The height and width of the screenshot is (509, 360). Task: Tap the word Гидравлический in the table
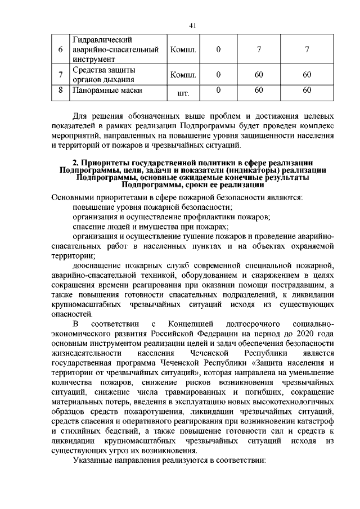click(102, 40)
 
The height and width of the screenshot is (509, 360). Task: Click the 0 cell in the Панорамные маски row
click(218, 89)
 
